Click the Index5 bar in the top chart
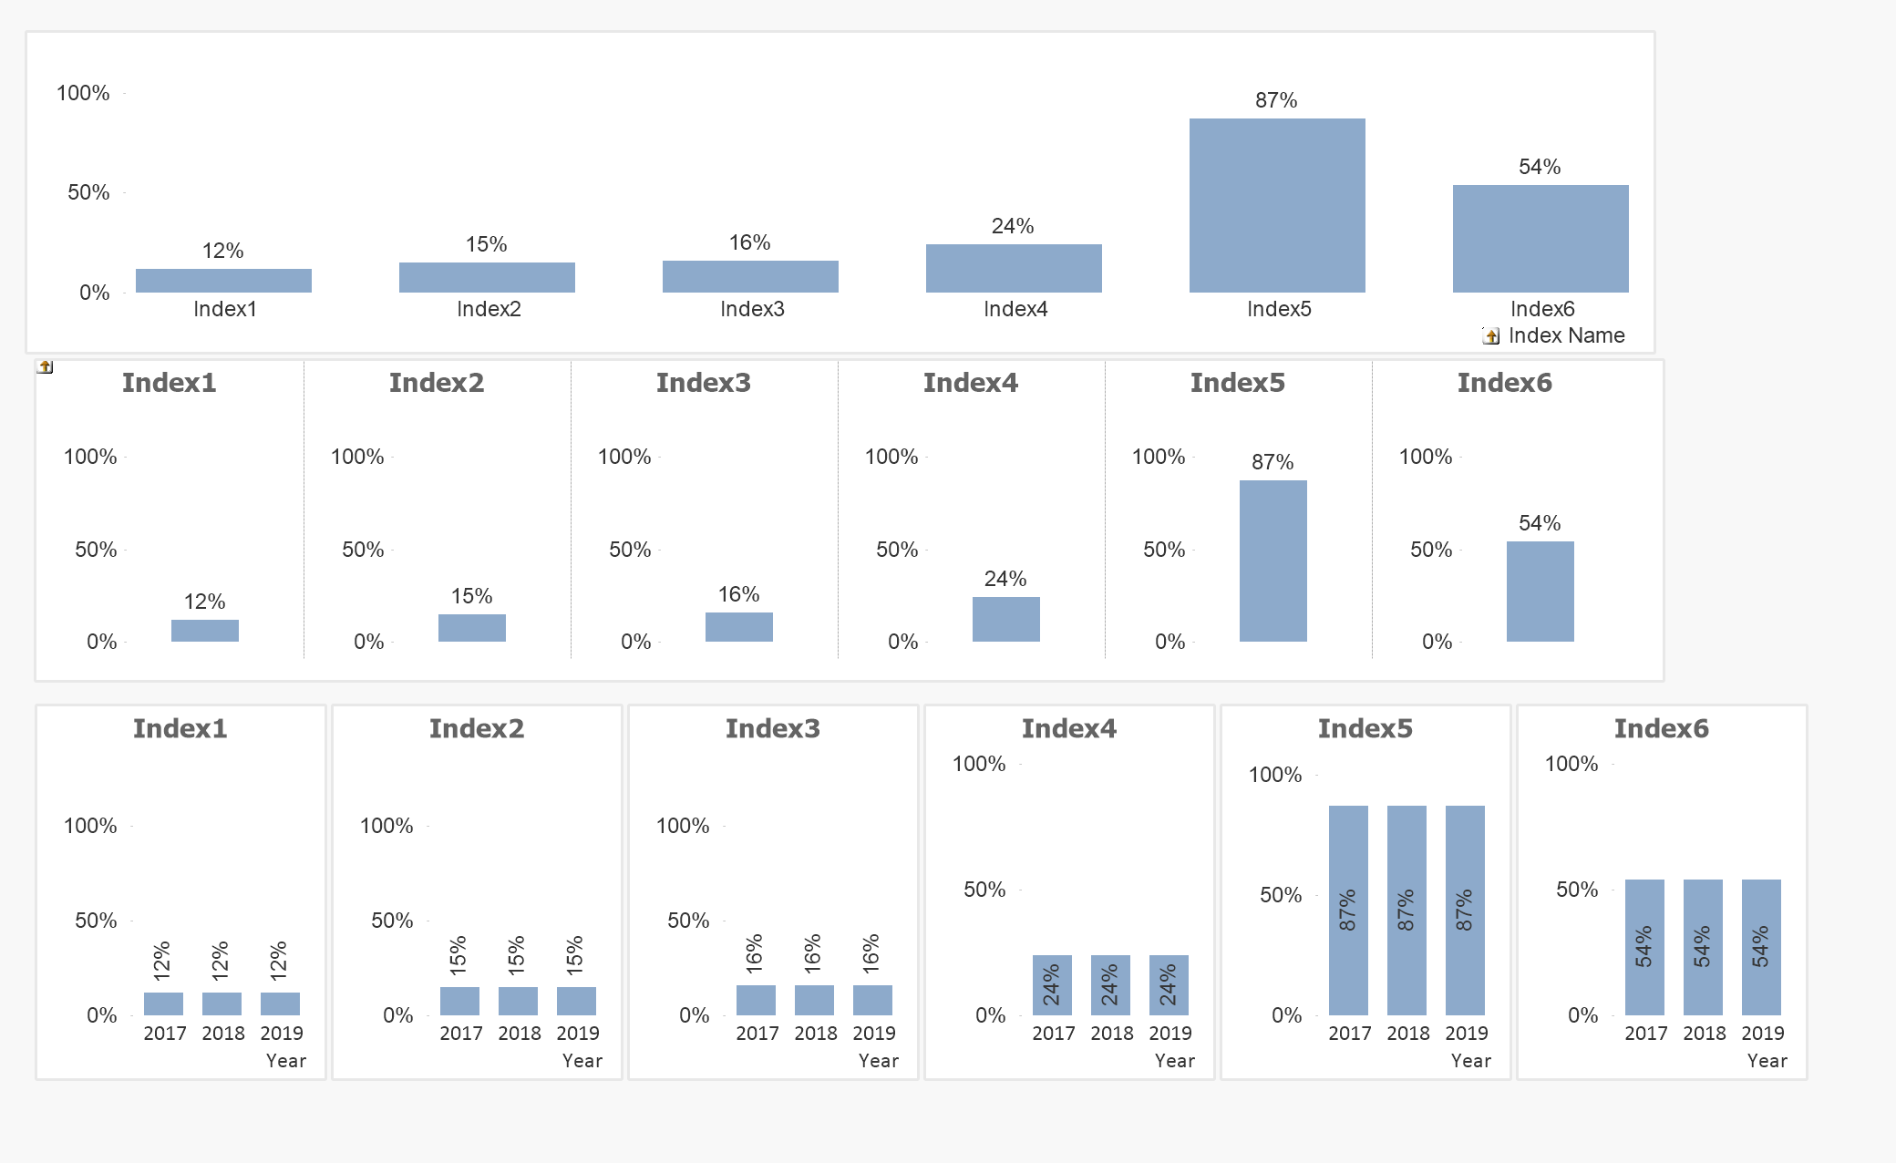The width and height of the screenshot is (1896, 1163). (1277, 205)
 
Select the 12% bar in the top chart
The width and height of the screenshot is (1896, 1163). (223, 281)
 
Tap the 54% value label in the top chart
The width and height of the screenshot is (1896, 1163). (1540, 167)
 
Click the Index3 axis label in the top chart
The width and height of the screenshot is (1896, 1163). (752, 309)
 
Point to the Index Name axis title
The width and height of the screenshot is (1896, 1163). (1566, 335)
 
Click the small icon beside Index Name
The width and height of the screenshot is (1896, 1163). (1491, 336)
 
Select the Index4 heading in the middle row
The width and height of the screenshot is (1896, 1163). (970, 383)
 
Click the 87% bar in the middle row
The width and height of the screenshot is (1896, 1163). (1273, 561)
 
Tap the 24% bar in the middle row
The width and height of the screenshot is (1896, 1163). (1005, 619)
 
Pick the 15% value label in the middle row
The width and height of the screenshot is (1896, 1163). (471, 596)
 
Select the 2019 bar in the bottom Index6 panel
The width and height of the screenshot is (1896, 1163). (1761, 947)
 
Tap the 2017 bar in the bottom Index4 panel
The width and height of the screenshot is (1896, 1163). (1052, 984)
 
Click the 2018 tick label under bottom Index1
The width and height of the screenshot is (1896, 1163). (223, 1034)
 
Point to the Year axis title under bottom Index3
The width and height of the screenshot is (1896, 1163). (878, 1061)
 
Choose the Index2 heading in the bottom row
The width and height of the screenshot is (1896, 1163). (477, 728)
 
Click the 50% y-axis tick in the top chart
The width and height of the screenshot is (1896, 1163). (88, 192)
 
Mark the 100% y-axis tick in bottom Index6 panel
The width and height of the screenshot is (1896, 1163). (1571, 764)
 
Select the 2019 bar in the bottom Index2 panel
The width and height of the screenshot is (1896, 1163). (576, 1001)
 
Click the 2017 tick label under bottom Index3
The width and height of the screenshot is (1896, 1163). (757, 1034)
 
